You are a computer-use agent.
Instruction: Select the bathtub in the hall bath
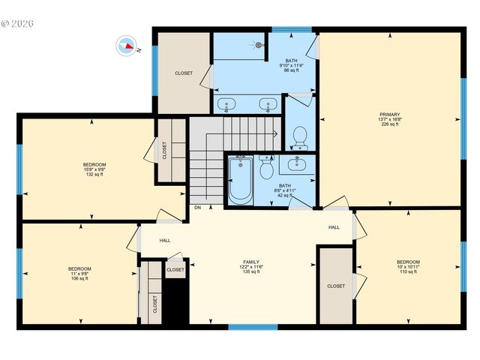[241, 181]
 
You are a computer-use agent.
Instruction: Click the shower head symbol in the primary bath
[259, 44]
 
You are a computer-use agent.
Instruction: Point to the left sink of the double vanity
[227, 103]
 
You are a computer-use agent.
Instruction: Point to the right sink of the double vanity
[265, 103]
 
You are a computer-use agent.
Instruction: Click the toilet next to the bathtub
[266, 169]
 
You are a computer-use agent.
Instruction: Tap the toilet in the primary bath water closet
[298, 136]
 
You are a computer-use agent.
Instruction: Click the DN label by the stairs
[197, 207]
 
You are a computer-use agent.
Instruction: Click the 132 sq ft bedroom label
[94, 164]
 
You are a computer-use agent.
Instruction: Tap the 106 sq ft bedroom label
[79, 268]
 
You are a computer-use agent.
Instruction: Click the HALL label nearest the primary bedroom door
[334, 227]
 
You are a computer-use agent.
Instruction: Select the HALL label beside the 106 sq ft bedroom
[164, 241]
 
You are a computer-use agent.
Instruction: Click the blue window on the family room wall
[253, 326]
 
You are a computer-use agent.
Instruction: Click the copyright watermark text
[18, 23]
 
